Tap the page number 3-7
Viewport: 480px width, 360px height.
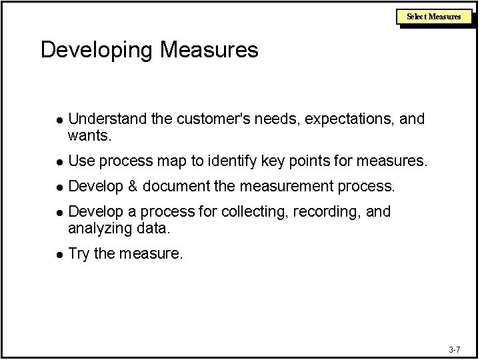(454, 349)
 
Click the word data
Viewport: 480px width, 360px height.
(154, 229)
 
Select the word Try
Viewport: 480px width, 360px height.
(79, 254)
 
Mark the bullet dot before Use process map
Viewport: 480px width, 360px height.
(59, 162)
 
